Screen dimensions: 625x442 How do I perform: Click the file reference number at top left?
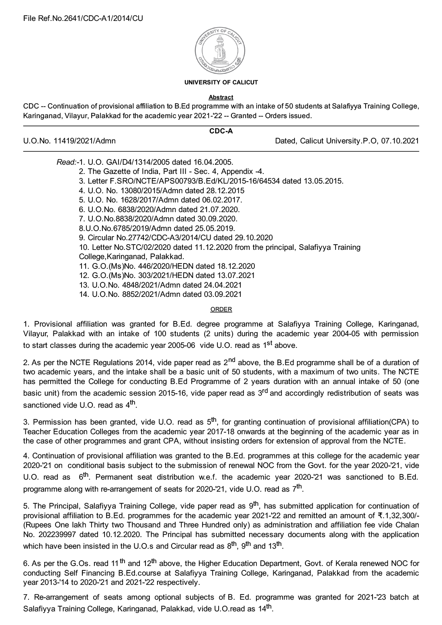83,18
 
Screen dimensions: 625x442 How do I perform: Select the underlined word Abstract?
221,97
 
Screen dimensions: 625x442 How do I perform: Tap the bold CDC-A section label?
221,131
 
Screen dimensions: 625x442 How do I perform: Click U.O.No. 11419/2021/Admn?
70,141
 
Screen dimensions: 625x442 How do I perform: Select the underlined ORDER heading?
221,309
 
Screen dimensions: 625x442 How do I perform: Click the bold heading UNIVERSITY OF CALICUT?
221,82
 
